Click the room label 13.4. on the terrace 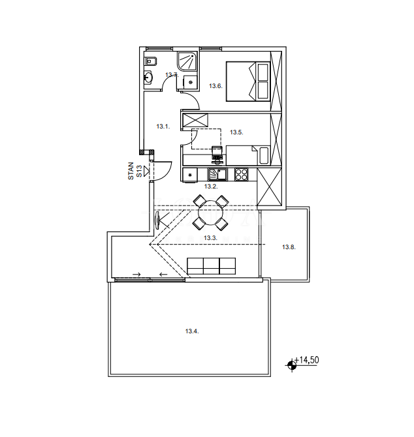[x=192, y=331]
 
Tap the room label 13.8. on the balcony [x=289, y=247]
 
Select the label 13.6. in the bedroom [x=215, y=86]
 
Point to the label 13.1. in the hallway [x=163, y=127]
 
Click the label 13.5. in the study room [x=236, y=132]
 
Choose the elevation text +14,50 [x=307, y=360]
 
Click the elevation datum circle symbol [x=292, y=365]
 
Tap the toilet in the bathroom [x=151, y=61]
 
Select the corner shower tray [x=187, y=61]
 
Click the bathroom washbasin [x=148, y=77]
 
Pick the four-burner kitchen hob [x=242, y=175]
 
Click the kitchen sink [x=217, y=175]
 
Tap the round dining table [x=211, y=213]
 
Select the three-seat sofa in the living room [x=211, y=266]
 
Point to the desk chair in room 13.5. [x=217, y=155]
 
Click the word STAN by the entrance [x=131, y=171]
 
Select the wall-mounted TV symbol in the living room [x=157, y=220]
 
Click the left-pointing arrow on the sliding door [x=163, y=275]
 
